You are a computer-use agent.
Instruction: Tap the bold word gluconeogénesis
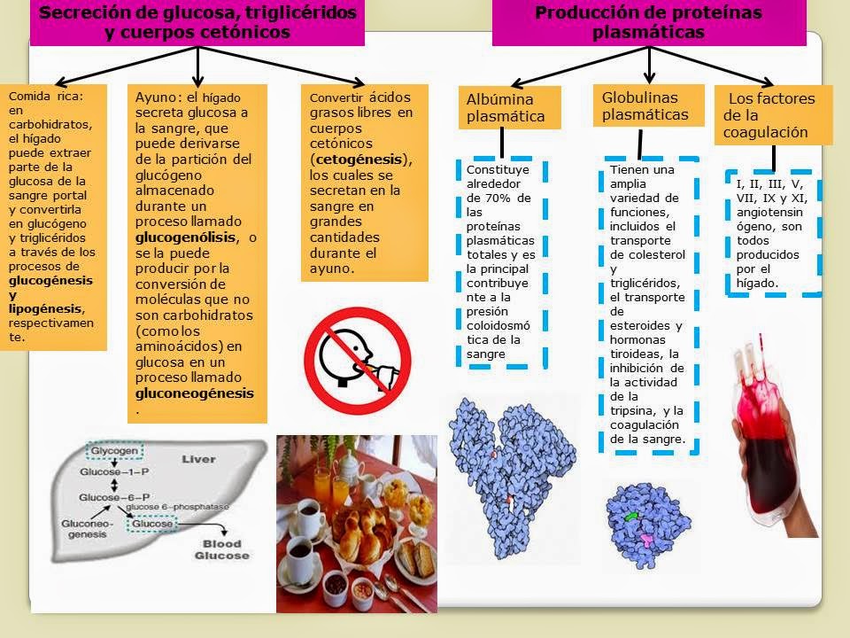tap(194, 393)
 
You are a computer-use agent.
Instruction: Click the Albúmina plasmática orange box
tap(509, 107)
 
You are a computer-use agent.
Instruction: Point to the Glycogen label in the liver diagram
tap(113, 451)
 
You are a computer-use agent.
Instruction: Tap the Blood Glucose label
tap(222, 549)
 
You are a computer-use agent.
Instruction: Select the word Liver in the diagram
tap(198, 460)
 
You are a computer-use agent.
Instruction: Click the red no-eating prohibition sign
tap(358, 352)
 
